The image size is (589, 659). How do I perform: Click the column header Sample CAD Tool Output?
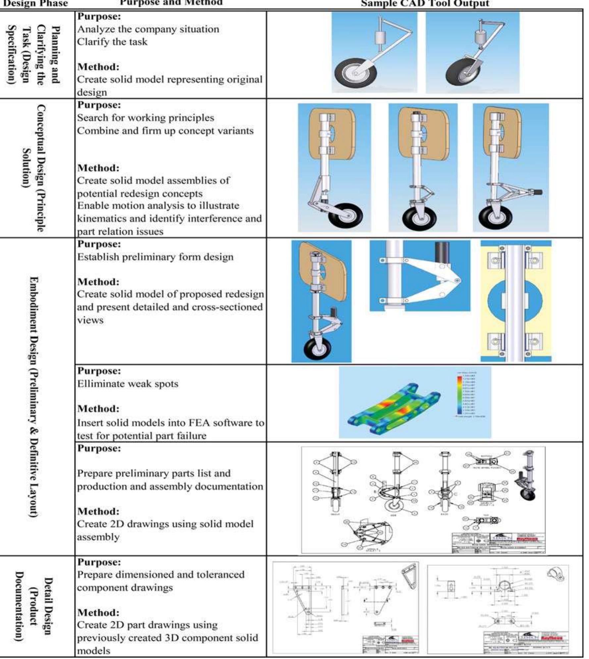tap(425, 4)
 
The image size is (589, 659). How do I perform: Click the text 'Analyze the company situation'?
tap(148, 29)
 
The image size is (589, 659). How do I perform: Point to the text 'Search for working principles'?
tap(145, 118)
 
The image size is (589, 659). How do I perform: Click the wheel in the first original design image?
tap(352, 74)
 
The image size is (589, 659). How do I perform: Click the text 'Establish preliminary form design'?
tap(155, 257)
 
